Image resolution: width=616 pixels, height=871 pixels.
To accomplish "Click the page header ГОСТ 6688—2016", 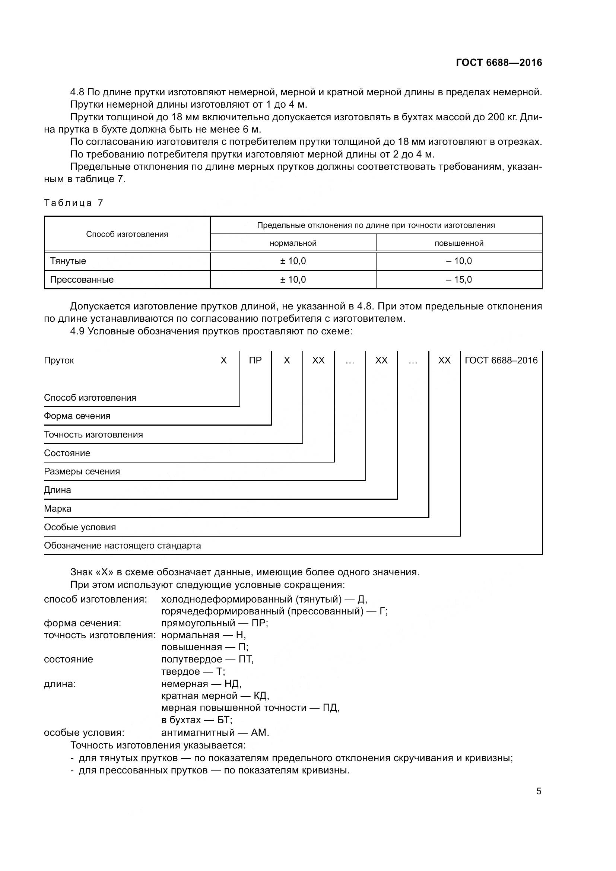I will (499, 63).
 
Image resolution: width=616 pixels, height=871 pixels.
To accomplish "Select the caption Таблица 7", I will (73, 203).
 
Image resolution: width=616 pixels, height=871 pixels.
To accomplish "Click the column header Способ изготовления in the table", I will (127, 234).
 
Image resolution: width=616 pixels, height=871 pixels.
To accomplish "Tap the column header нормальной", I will (293, 243).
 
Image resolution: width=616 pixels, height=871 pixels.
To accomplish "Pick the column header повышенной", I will (459, 243).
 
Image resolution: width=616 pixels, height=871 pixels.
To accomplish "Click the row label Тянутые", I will (68, 261).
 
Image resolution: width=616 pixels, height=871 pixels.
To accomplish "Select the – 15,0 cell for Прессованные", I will (459, 280).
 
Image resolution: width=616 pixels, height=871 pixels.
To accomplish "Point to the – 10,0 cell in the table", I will (459, 261).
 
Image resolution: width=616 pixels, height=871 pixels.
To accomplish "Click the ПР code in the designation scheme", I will (255, 360).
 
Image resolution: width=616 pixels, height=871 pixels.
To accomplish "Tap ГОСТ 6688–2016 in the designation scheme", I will (501, 360).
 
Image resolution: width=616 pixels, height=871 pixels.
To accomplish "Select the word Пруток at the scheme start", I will (59, 360).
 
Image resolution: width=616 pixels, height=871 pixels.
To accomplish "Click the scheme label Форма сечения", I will (77, 416).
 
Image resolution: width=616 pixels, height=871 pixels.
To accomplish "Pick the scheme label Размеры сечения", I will (82, 471).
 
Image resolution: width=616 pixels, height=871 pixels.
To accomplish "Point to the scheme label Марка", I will (58, 509).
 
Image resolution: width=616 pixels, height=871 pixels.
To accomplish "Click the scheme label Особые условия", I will (80, 527).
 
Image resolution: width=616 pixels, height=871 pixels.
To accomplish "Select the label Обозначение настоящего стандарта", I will (122, 546).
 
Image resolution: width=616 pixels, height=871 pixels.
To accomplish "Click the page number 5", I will (539, 791).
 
